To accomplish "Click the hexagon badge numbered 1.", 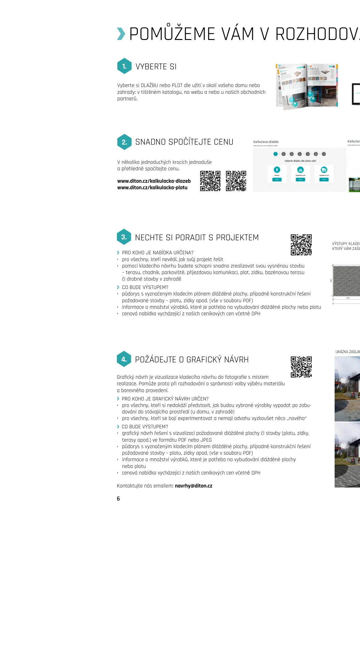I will (124, 66).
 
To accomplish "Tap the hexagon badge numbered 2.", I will (124, 142).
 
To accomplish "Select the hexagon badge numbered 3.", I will (124, 237).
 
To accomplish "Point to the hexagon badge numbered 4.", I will (124, 359).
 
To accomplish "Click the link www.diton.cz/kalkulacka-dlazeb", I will (154, 181).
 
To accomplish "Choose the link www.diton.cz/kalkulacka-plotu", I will (152, 187).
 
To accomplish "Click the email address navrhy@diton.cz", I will (193, 486).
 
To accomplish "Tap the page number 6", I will (118, 498).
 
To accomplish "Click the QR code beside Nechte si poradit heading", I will (301, 245).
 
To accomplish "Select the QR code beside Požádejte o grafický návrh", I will (301, 367).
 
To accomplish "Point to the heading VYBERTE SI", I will (156, 67).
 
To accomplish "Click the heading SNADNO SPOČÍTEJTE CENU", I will (184, 142).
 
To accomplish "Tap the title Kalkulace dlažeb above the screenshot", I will (266, 142).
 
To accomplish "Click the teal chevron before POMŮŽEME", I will (121, 34).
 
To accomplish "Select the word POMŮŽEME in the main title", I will (172, 34).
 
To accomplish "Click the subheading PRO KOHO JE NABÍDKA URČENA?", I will (158, 252).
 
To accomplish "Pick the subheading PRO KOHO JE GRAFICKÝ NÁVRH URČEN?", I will (165, 399).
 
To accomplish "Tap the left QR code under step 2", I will (210, 181).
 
